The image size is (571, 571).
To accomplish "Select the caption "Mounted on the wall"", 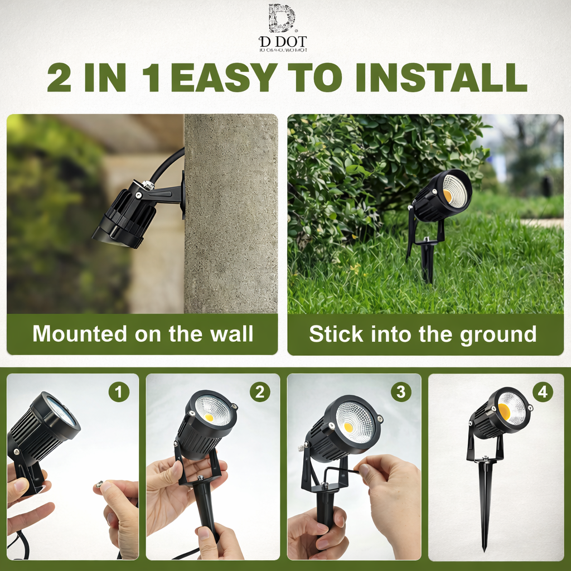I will coord(143,334).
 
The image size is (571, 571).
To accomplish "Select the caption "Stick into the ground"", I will coord(423,334).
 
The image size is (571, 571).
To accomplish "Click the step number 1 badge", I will coord(118,392).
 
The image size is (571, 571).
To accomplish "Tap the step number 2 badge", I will coord(260,392).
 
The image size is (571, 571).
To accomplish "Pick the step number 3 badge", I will coord(400,392).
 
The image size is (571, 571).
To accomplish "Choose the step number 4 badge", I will coord(543,392).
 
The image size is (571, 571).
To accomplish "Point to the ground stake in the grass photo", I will coord(428,262).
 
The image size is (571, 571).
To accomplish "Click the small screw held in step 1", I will coord(100,485).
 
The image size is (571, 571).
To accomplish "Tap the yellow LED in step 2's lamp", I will coord(209,417).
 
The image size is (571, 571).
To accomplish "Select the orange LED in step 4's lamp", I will coord(504,412).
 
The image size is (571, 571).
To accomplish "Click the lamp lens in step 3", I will coord(355,422).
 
